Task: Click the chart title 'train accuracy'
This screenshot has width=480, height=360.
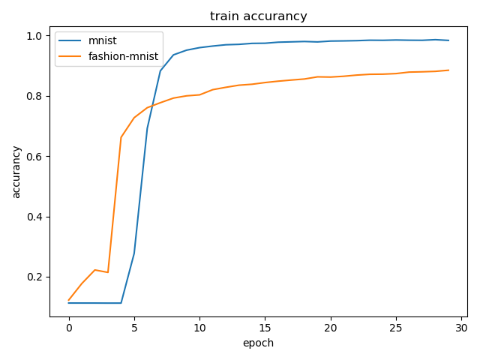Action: (258, 16)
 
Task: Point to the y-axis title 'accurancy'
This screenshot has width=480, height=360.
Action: (16, 172)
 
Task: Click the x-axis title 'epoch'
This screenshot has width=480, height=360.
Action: (258, 343)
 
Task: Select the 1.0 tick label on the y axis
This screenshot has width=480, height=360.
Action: (34, 36)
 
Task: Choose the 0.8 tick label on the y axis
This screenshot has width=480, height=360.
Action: (34, 96)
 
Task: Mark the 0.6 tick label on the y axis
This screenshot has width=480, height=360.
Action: (34, 157)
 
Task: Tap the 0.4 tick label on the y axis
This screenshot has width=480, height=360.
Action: (34, 217)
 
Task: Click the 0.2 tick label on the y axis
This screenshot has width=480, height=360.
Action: (34, 277)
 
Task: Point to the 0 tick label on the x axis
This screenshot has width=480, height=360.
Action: (69, 328)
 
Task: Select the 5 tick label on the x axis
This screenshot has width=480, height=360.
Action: (134, 328)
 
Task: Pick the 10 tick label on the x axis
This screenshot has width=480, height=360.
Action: (199, 328)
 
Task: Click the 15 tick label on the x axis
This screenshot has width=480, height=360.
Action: (265, 328)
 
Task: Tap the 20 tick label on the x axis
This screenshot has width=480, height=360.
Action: (331, 328)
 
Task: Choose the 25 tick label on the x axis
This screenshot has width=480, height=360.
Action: (396, 328)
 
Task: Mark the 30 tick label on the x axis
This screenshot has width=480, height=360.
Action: (461, 328)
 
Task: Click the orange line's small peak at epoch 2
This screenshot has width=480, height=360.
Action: (95, 270)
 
